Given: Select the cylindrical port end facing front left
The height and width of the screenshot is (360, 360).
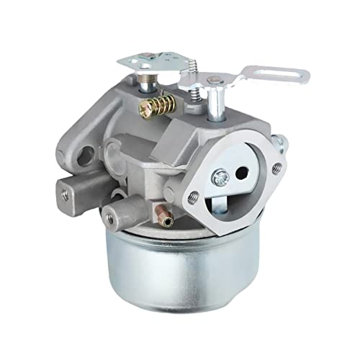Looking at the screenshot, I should pyautogui.click(x=110, y=212).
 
